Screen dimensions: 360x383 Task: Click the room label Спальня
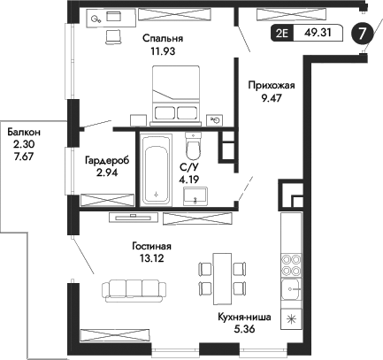162,39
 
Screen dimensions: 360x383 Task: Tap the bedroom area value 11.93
162,51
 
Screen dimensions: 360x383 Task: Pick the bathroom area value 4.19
189,179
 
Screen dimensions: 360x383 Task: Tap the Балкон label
24,132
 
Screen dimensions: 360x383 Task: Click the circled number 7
362,34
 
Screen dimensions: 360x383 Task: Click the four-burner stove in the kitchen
291,266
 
